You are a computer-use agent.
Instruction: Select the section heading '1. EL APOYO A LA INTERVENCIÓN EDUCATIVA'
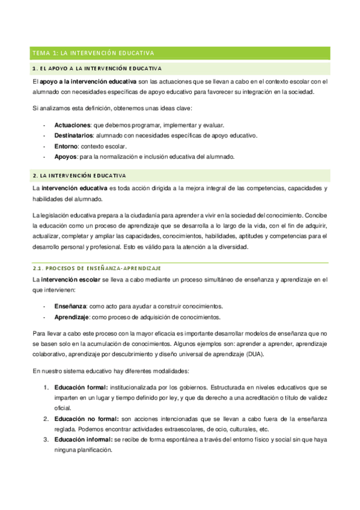pyautogui.click(x=97, y=69)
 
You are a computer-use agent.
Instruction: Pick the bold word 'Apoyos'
pyautogui.click(x=66, y=156)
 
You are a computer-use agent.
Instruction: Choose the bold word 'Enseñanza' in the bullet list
pyautogui.click(x=70, y=306)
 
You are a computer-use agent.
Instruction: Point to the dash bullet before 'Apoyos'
pyautogui.click(x=44, y=156)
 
